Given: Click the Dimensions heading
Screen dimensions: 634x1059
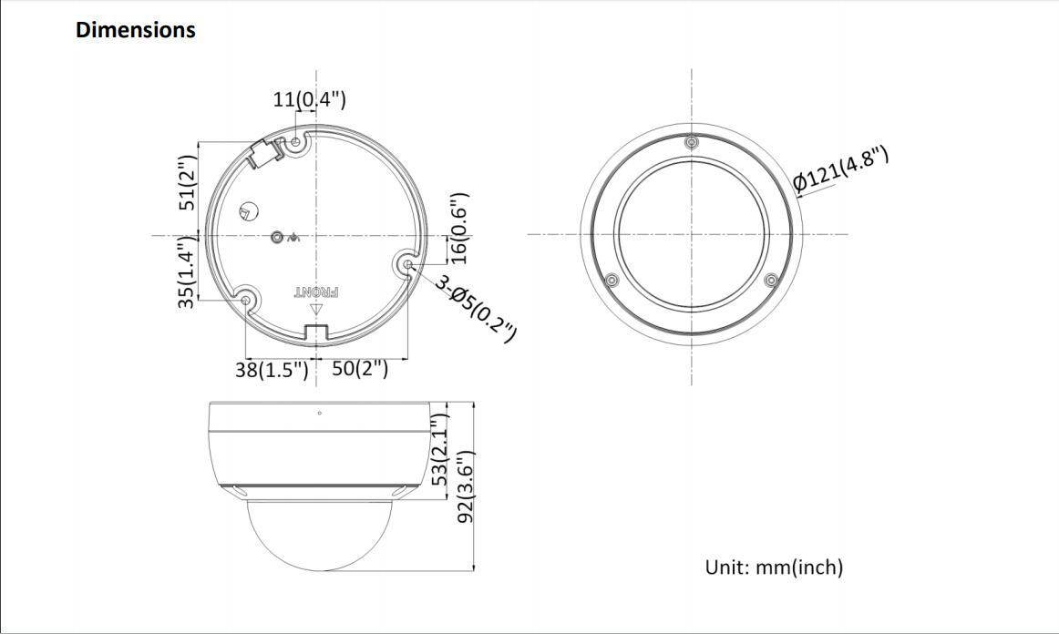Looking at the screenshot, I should pos(135,30).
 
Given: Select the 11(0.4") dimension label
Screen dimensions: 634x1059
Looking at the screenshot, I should pos(309,98).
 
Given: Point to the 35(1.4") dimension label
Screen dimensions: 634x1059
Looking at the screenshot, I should pos(187,271).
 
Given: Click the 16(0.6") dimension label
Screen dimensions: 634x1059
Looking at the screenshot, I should pos(459,228).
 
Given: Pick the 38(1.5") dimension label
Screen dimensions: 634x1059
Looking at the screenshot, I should pos(272,370).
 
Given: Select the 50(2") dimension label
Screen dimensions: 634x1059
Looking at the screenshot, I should pos(360,369).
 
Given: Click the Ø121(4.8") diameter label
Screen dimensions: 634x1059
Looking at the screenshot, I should pos(840,169).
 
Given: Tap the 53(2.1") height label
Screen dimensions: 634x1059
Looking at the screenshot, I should pos(440,450).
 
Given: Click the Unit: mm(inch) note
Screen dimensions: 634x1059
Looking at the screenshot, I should pos(774,568).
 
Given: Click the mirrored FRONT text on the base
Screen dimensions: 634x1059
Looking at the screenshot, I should pos(316,292).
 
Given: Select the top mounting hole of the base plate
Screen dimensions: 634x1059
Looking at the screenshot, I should pos(295,142).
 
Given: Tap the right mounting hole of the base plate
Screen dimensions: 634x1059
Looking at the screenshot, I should pos(407,265).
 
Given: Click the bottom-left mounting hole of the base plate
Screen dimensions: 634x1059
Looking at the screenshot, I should pos(245,300).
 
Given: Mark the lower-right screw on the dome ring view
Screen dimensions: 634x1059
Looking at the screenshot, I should pos(770,279).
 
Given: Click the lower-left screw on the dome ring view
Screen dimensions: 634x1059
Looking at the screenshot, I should pos(612,279).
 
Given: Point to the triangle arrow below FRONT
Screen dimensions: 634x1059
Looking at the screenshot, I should pos(316,309).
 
